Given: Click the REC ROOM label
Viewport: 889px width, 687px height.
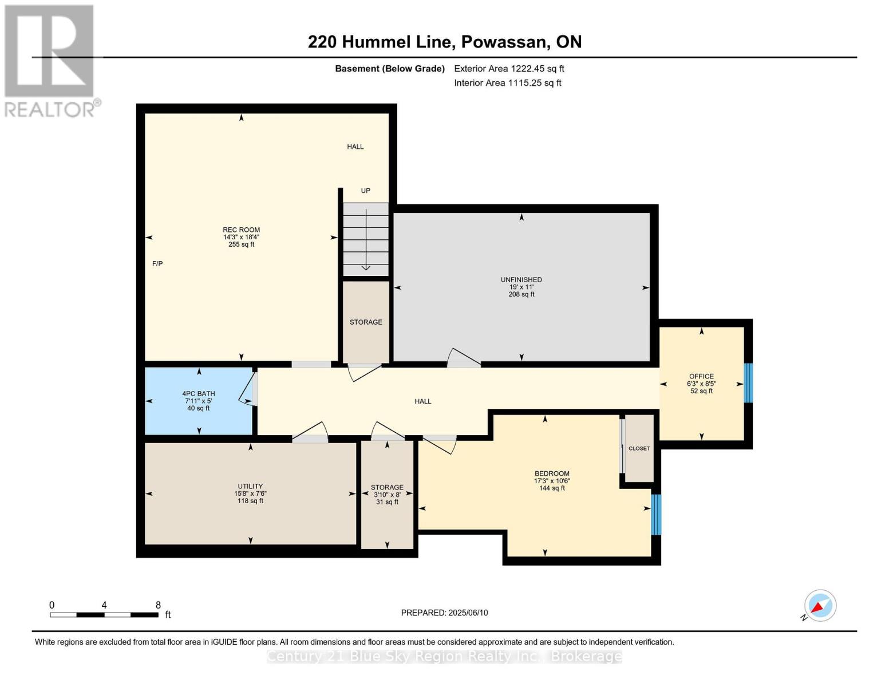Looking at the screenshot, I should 241,230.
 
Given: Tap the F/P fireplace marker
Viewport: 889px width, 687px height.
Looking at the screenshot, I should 157,263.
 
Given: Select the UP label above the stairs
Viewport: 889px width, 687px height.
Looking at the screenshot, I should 365,191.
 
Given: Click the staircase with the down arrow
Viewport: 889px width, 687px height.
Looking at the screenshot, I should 366,239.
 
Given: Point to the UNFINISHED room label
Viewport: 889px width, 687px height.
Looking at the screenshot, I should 521,280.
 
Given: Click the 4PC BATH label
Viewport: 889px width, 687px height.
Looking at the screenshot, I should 199,394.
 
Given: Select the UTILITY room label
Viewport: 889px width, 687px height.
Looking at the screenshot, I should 250,487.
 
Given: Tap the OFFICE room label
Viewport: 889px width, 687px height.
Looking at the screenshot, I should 701,377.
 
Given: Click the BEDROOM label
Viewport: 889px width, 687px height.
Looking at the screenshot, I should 552,473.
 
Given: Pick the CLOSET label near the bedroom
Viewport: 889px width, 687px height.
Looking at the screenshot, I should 639,448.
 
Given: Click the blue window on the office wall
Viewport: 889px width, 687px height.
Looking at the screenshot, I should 748,383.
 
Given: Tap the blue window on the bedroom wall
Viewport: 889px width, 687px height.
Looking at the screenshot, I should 656,514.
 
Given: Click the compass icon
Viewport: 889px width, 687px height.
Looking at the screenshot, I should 820,606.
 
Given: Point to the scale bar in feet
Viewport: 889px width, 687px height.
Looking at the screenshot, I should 104,614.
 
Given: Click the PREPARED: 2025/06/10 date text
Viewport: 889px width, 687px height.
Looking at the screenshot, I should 444,613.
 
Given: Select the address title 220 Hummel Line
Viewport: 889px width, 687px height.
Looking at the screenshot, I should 444,42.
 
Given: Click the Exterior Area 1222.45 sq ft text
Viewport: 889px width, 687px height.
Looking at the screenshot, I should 509,69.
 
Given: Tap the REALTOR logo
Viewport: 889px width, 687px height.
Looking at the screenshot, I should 50,60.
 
